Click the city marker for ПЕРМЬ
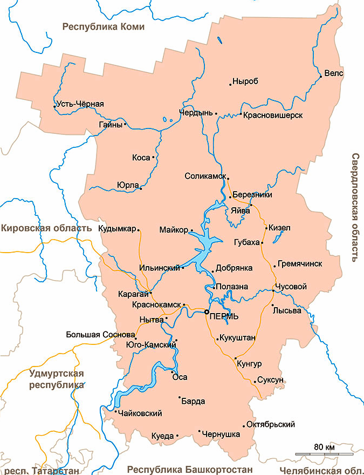[x=207, y=312]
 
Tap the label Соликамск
[x=205, y=176]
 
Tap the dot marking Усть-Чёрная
[x=55, y=106]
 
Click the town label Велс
[x=333, y=73]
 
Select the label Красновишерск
[x=272, y=116]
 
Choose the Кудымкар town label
[x=117, y=228]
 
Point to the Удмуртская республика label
[x=57, y=379]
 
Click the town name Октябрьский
[x=273, y=424]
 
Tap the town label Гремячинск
[x=300, y=264]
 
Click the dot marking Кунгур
[x=235, y=358]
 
